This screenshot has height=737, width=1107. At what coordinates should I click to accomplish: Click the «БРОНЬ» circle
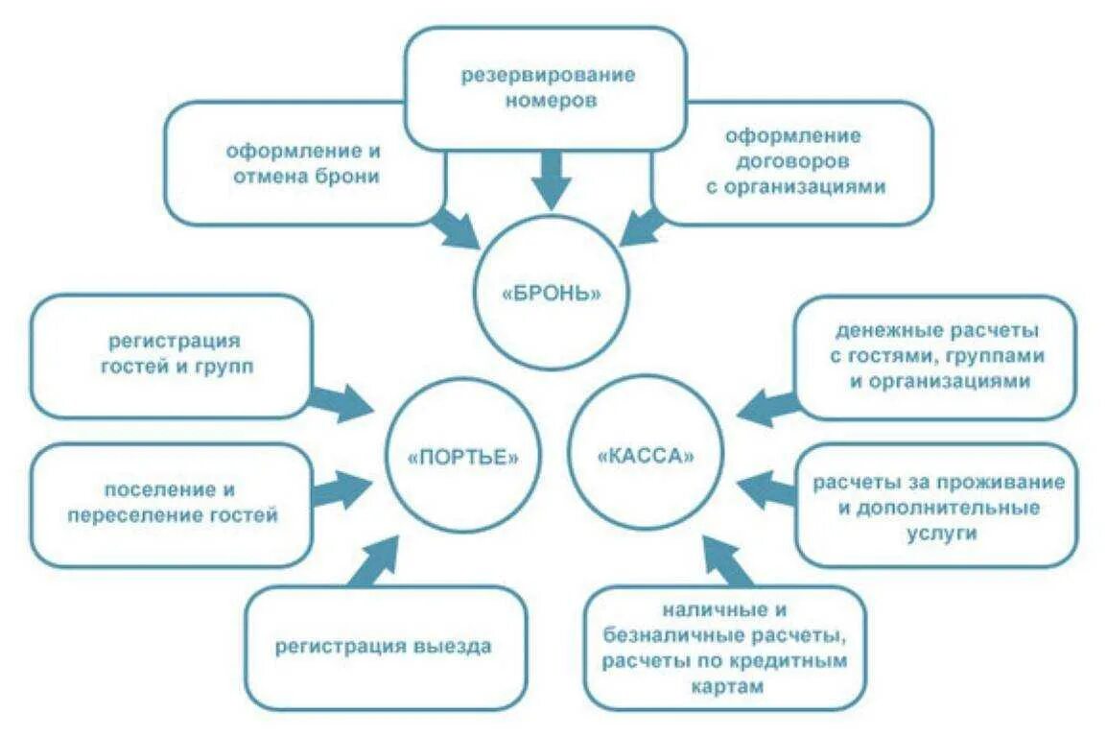[552, 293]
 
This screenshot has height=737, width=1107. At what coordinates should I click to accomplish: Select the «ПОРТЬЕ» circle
[462, 457]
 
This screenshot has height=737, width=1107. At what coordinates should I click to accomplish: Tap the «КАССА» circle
[645, 457]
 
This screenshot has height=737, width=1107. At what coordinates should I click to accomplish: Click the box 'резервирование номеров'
[544, 87]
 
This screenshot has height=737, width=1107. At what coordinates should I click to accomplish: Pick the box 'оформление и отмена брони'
[302, 163]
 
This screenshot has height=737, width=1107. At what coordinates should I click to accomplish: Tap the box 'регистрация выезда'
[384, 646]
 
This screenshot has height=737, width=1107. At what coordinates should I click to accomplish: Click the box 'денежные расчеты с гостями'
[935, 356]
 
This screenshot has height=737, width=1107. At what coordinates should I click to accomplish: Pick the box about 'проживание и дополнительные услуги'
[935, 506]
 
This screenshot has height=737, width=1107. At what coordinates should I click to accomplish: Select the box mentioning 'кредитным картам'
[725, 648]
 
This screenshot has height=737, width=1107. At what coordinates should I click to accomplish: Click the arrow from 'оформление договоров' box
[645, 225]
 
